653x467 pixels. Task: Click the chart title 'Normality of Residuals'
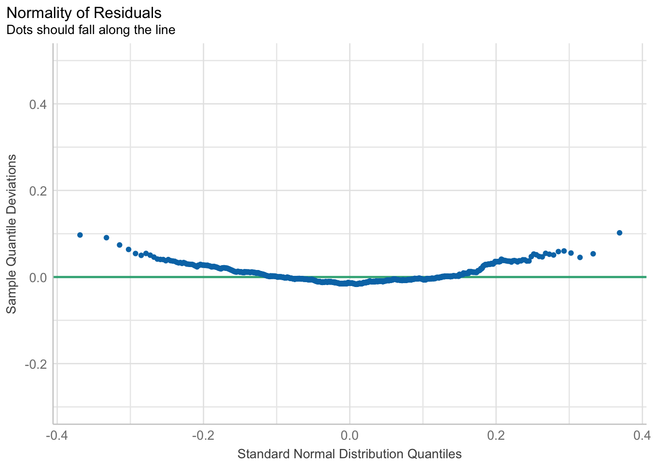tap(84, 13)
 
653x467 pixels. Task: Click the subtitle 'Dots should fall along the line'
tap(90, 30)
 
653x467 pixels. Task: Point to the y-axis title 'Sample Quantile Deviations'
tap(12, 234)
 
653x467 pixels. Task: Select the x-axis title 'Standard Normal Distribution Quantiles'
tap(349, 454)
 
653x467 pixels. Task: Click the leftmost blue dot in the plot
tap(80, 235)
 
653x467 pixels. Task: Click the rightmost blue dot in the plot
tap(619, 233)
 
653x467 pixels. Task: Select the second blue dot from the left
tap(106, 238)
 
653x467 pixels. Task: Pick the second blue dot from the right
tap(593, 254)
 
